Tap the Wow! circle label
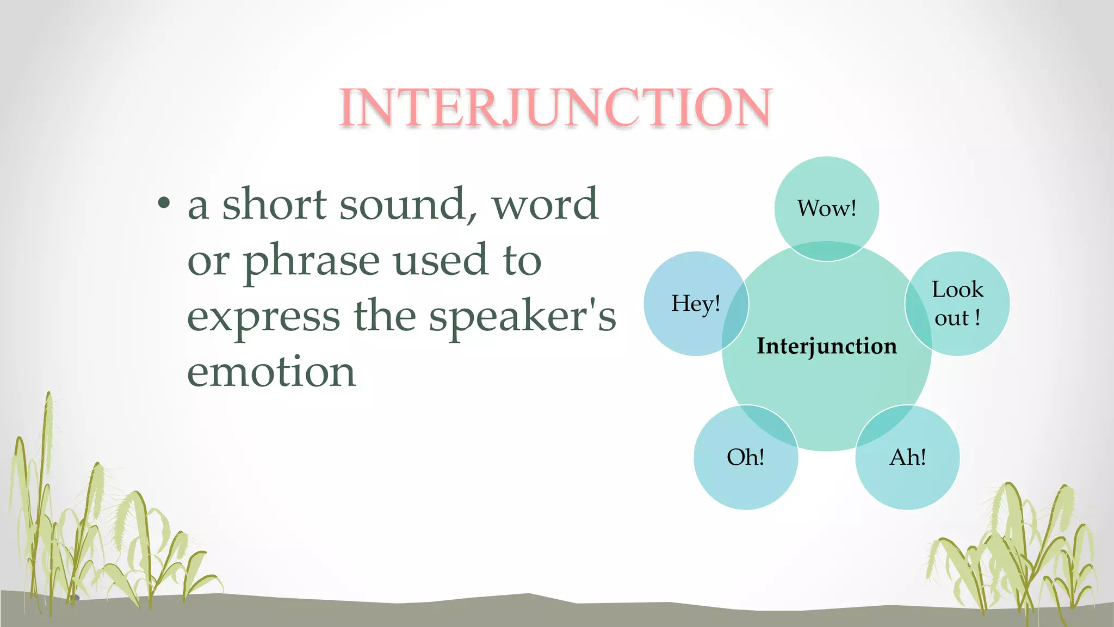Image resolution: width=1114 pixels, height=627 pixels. pyautogui.click(x=826, y=208)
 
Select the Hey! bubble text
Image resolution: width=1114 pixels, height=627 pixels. pyautogui.click(x=695, y=304)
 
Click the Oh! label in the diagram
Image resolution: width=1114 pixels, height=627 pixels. pyautogui.click(x=745, y=457)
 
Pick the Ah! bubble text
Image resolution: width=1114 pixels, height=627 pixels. pyautogui.click(x=907, y=457)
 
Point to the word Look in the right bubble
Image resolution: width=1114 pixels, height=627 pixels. pyautogui.click(x=957, y=290)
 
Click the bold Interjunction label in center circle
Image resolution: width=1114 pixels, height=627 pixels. pyautogui.click(x=826, y=346)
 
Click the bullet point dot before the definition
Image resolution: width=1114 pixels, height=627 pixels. pyautogui.click(x=163, y=204)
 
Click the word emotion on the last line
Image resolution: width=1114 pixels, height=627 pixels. pyautogui.click(x=271, y=372)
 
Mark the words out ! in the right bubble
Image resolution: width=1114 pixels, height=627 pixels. pyautogui.click(x=957, y=318)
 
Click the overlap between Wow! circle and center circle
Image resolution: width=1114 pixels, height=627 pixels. pyautogui.click(x=826, y=251)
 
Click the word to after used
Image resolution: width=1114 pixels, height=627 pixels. pyautogui.click(x=522, y=261)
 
